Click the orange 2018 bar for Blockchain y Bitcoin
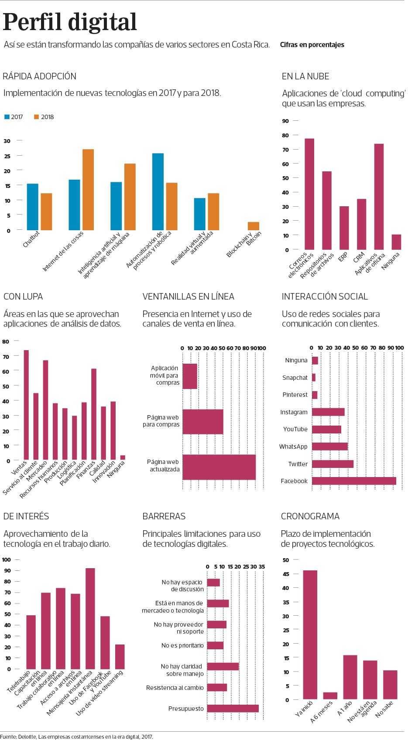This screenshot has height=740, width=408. click(254, 226)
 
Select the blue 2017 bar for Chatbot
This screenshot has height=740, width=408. click(33, 207)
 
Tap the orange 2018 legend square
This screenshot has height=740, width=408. click(37, 117)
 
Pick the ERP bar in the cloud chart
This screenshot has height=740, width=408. click(344, 228)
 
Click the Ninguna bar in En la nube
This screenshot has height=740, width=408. click(396, 242)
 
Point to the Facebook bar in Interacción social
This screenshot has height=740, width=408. click(354, 481)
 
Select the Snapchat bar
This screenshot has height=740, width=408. click(314, 378)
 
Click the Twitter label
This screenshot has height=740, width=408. click(298, 464)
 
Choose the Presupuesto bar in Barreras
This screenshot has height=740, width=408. click(233, 709)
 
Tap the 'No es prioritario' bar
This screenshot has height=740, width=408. click(215, 645)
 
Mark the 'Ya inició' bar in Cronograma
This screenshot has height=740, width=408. click(310, 634)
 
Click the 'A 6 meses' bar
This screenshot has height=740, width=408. click(330, 696)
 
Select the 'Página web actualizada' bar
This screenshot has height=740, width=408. click(219, 467)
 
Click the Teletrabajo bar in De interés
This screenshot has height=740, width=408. click(31, 642)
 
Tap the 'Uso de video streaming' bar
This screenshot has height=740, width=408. click(120, 657)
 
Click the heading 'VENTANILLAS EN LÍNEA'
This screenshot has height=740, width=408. click(188, 297)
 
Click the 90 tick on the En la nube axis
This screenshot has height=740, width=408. click(285, 121)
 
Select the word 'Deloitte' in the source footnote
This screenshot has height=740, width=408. click(27, 737)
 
